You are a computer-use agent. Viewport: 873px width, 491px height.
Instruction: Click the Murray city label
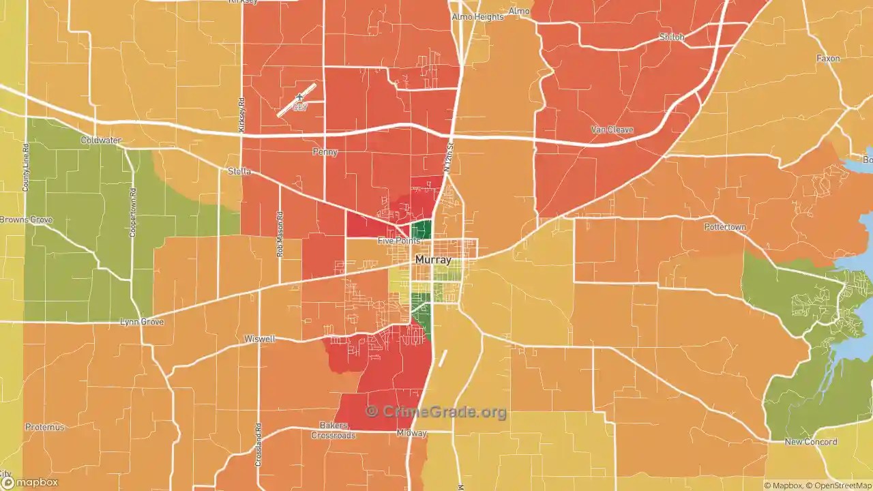coord(433,260)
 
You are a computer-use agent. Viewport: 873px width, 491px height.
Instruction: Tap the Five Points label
coord(399,241)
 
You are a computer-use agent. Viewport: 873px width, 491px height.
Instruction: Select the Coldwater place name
coord(100,140)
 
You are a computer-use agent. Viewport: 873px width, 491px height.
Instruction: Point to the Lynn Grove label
coord(142,321)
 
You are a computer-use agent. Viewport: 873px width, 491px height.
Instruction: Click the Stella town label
coord(239,171)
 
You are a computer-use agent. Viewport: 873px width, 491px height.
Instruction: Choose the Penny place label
coord(325,152)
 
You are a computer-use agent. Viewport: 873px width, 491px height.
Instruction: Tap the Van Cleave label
coord(612,130)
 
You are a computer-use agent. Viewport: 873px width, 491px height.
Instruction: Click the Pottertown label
coord(725,226)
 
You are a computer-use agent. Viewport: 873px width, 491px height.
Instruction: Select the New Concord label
coord(810,442)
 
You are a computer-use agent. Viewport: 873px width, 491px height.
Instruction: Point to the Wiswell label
coord(260,339)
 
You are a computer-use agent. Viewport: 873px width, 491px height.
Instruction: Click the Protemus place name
coord(45,427)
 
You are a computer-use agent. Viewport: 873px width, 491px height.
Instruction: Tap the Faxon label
coord(828,59)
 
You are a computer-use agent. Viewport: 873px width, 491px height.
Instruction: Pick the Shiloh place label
coord(672,37)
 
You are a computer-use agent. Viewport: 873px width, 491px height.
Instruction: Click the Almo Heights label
coord(477,16)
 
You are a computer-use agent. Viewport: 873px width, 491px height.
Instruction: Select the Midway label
coord(411,433)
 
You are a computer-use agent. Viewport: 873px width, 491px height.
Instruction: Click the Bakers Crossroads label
coord(334,431)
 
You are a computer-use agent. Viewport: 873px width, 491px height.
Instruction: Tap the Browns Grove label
coord(26,220)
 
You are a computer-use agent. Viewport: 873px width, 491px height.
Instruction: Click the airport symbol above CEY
coord(299,98)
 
